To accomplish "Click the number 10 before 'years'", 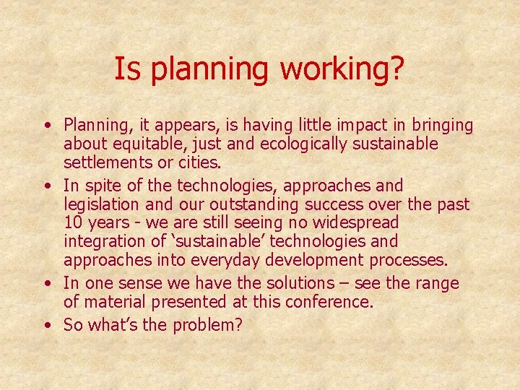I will pos(74,223).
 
